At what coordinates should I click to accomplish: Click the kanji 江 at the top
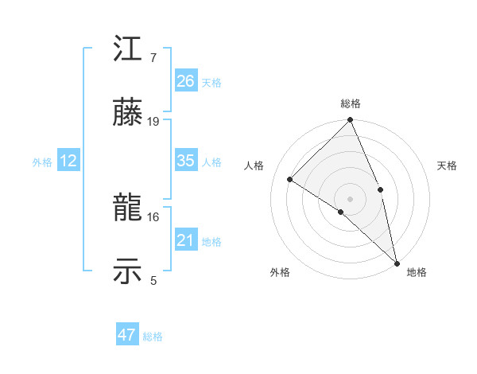pyautogui.click(x=127, y=53)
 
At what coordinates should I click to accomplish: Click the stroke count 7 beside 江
pyautogui.click(x=153, y=58)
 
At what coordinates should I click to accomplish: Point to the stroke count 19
pyautogui.click(x=153, y=121)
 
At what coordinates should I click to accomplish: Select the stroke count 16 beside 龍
pyautogui.click(x=153, y=216)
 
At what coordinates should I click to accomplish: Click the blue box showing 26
pyautogui.click(x=186, y=80)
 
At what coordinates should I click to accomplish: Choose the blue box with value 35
pyautogui.click(x=186, y=161)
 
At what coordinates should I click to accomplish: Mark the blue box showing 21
pyautogui.click(x=186, y=240)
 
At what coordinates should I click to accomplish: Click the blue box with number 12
pyautogui.click(x=68, y=161)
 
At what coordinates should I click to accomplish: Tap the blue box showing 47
pyautogui.click(x=127, y=335)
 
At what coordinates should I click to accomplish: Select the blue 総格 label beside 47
pyautogui.click(x=153, y=337)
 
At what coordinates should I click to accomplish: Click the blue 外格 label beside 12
pyautogui.click(x=42, y=162)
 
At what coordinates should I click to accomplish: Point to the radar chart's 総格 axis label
pyautogui.click(x=351, y=103)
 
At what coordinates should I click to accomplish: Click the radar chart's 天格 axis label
pyautogui.click(x=447, y=166)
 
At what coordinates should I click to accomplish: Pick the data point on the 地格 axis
pyautogui.click(x=397, y=262)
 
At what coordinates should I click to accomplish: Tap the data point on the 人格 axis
pyautogui.click(x=290, y=179)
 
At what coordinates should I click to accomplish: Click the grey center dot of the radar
pyautogui.click(x=351, y=198)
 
